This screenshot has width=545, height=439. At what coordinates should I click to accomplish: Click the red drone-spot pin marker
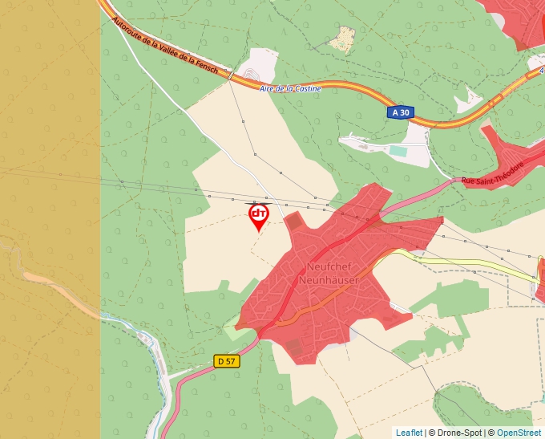pyautogui.click(x=258, y=216)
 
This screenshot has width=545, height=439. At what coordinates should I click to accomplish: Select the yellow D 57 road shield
pyautogui.click(x=227, y=361)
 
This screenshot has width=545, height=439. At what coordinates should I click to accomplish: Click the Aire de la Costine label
pyautogui.click(x=290, y=88)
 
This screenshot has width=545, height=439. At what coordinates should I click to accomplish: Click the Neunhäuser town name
pyautogui.click(x=326, y=280)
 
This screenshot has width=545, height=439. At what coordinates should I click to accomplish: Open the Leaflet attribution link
pyautogui.click(x=409, y=433)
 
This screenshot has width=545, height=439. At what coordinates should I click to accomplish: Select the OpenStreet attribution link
pyautogui.click(x=519, y=433)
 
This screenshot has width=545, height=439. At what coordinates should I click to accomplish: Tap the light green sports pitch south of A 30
pyautogui.click(x=398, y=150)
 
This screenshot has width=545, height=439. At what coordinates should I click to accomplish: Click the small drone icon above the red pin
pyautogui.click(x=258, y=213)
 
